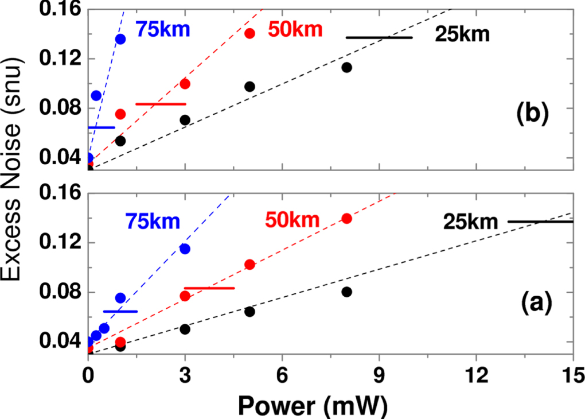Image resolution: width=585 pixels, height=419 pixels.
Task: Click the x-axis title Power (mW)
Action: (x=313, y=406)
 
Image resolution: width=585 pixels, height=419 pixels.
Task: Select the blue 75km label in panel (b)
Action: (x=162, y=29)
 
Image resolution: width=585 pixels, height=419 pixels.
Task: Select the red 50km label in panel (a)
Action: (x=292, y=219)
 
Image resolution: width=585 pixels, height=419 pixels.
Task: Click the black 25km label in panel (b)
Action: (x=462, y=35)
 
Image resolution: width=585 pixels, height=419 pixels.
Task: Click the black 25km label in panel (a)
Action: (x=470, y=221)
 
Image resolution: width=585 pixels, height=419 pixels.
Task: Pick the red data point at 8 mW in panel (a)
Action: (x=346, y=219)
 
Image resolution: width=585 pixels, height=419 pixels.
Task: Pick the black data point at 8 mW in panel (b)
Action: (x=346, y=67)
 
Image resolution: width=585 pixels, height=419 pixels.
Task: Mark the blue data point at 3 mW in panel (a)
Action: (x=185, y=249)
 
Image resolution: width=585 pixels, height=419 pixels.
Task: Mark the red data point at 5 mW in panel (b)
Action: (x=249, y=33)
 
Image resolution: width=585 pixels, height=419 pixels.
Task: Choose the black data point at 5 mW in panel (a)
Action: (x=249, y=312)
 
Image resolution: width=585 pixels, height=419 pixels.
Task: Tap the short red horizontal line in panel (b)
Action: (x=161, y=104)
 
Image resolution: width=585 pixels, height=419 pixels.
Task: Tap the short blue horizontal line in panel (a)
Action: (x=120, y=311)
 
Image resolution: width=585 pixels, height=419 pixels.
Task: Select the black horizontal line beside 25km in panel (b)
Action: (x=379, y=37)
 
